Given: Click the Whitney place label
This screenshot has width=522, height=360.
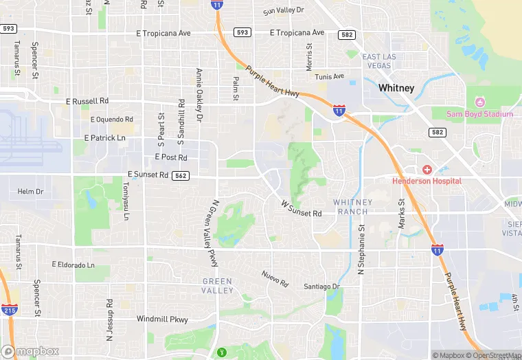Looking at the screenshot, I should pos(396,88).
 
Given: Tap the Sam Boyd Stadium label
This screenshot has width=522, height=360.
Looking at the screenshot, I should pos(480,113).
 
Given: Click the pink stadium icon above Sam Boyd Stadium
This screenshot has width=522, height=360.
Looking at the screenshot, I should pos(480,102).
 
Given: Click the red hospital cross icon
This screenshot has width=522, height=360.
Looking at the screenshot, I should pos(427,170).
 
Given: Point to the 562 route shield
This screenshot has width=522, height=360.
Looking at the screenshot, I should pos(181,175).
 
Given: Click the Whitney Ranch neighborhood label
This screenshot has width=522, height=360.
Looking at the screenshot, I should pos(352,207).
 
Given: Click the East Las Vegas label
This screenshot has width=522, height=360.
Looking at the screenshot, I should pos(380,61).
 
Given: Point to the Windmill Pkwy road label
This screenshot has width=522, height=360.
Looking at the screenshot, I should pos(162,319).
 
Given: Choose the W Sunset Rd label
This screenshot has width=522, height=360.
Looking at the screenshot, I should pos(302,209).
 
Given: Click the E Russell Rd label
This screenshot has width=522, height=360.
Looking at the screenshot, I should pos(87,101).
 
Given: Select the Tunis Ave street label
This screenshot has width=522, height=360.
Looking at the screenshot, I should pos(330,77).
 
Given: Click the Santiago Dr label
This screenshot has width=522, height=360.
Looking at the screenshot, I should pos(322,286).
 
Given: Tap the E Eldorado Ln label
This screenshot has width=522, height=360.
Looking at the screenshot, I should pos(73,265).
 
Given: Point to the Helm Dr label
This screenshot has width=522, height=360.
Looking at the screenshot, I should pos(30,191).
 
